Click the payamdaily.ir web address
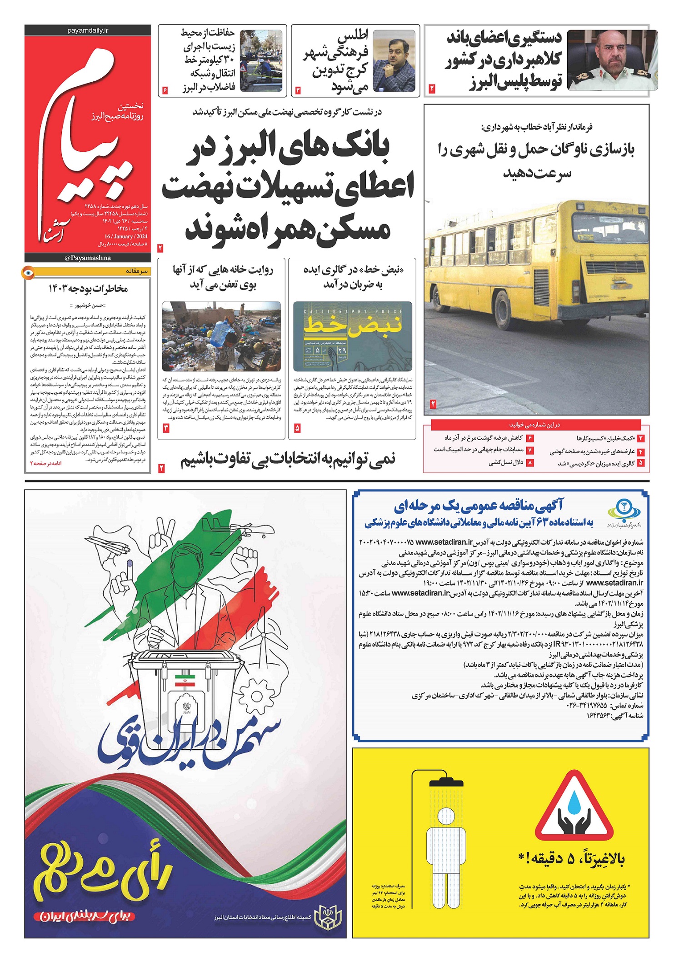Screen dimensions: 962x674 [88, 30]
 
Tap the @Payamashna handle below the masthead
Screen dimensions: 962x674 [88, 258]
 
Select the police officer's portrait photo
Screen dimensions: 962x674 [612, 60]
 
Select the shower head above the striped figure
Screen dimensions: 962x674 [446, 781]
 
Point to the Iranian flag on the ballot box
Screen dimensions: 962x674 [185, 680]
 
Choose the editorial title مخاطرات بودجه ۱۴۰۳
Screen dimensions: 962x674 [88, 289]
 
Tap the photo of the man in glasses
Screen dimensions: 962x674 [394, 60]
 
